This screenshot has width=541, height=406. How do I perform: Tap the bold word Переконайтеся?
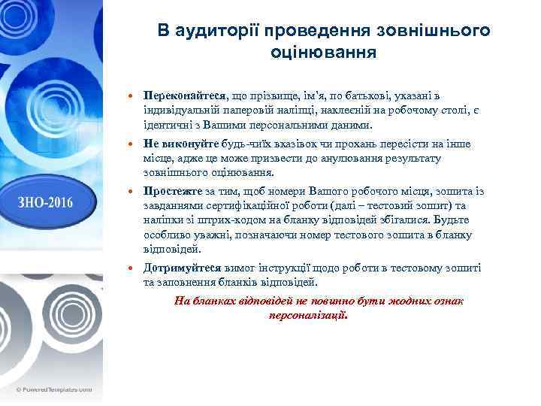tap(177, 97)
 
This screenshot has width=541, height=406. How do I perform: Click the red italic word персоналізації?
tap(307, 317)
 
